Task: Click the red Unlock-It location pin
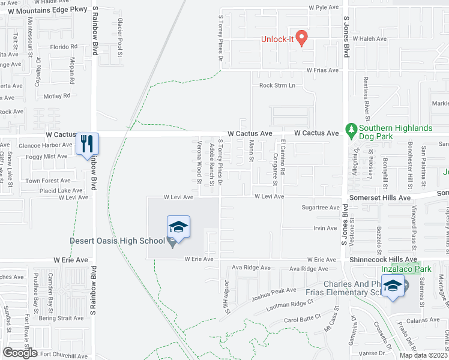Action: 303,37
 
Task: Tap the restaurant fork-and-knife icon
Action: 87,144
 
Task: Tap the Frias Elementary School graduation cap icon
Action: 393,287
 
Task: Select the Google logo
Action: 20,353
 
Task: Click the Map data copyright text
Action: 423,355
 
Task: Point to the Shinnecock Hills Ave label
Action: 382,259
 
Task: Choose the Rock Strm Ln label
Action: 277,85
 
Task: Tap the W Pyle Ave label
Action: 324,8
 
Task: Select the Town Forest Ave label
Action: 47,181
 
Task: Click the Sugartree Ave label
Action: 321,208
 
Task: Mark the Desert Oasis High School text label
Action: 117,241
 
